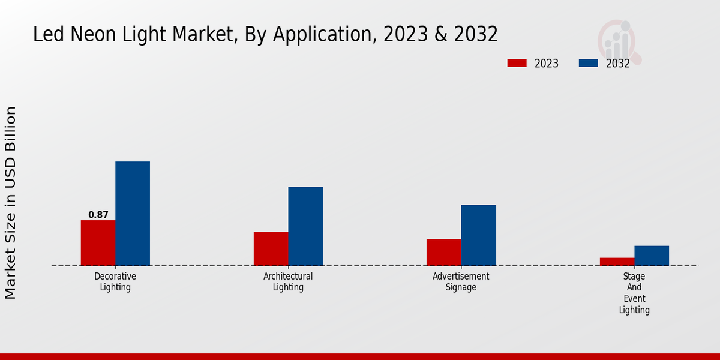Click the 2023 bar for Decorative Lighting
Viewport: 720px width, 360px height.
[98, 243]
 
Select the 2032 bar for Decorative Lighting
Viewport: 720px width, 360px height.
[133, 214]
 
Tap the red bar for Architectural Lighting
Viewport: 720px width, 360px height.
[271, 248]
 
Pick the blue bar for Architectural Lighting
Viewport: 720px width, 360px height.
[305, 226]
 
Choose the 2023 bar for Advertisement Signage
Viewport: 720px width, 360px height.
[444, 253]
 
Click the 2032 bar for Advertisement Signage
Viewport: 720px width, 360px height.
[479, 235]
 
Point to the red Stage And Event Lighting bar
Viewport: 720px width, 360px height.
[617, 262]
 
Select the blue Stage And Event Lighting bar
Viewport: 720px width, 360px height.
[652, 256]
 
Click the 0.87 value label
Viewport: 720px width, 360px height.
[98, 215]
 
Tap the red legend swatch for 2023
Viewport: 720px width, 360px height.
[517, 63]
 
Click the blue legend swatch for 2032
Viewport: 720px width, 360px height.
[588, 63]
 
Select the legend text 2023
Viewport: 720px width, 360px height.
[547, 64]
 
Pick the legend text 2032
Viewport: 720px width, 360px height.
[618, 64]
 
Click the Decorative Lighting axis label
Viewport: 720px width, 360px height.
[115, 281]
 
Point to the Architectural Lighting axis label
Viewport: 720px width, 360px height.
[288, 281]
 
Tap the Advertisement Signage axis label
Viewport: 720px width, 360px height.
[461, 281]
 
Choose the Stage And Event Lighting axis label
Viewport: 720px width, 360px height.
[634, 293]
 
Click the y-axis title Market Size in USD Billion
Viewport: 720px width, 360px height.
[11, 203]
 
